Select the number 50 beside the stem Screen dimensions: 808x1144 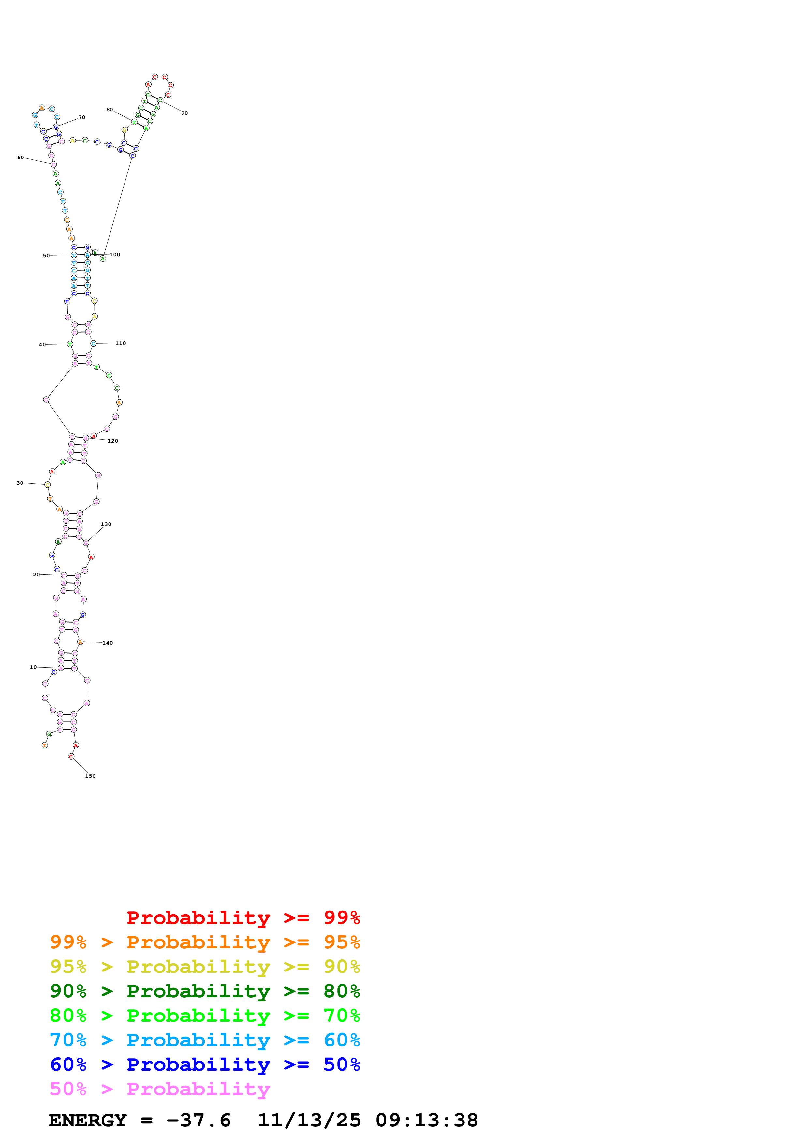pos(46,256)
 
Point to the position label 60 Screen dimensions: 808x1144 pos(21,158)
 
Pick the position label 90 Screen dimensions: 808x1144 pos(184,113)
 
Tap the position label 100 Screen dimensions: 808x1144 pos(114,255)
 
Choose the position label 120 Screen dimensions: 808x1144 pos(113,441)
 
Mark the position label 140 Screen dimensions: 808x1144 pos(108,643)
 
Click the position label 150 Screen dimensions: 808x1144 pos(90,776)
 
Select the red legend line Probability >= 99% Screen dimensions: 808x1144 pos(243,918)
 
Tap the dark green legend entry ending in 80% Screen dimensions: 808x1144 pos(205,991)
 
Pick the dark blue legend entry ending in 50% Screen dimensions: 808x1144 pos(205,1065)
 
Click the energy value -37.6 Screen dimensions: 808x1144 pos(198,1121)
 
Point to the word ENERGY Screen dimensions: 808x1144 pos(88,1121)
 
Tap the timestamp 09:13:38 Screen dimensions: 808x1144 pos(427,1121)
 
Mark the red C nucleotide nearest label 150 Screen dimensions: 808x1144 pos(71,756)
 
